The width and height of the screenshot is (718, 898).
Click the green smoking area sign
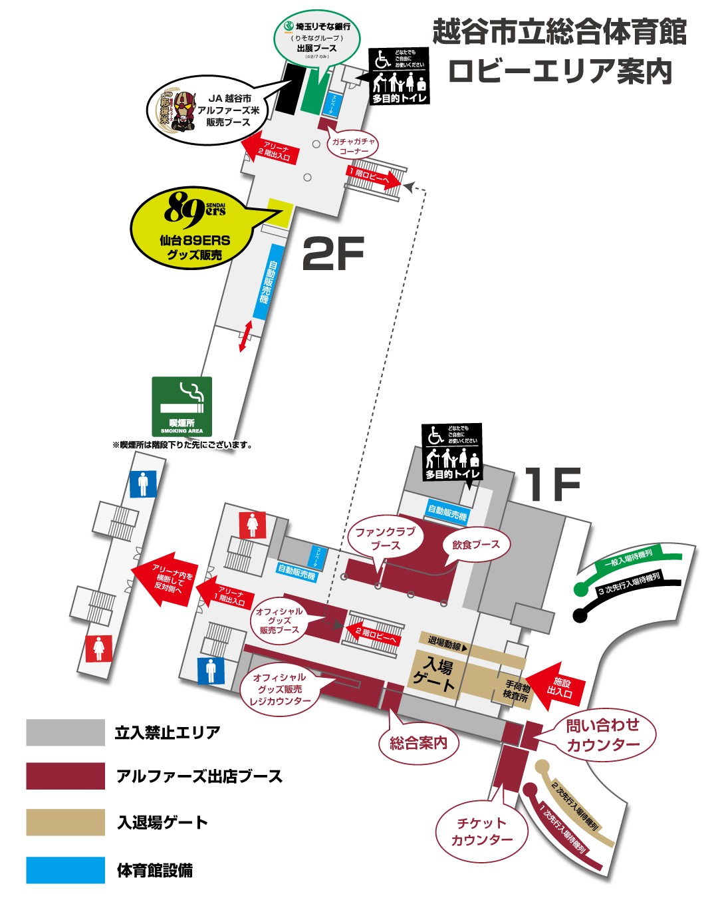tap(181, 406)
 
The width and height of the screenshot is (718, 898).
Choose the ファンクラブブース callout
tap(385, 538)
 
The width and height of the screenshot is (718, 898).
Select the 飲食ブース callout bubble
tap(476, 545)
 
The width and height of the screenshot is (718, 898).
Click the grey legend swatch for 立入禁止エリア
tap(65, 732)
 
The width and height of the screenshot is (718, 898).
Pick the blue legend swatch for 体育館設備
tap(65, 870)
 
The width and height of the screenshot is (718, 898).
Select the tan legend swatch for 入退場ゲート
tap(65, 822)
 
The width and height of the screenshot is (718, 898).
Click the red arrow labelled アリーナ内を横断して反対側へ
tap(166, 579)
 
